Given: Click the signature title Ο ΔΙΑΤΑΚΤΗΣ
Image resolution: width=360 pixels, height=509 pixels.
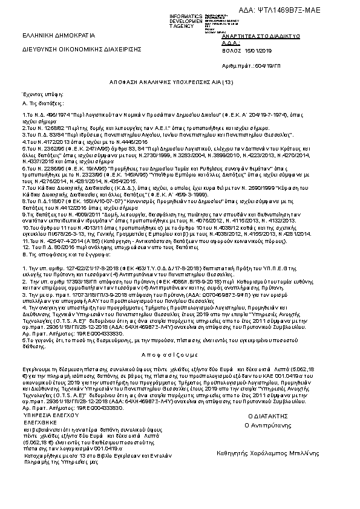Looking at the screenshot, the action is (267, 417).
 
